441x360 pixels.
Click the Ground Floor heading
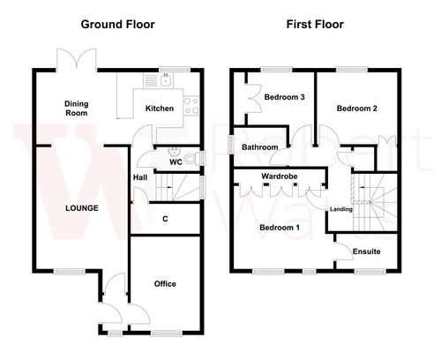tap(117, 24)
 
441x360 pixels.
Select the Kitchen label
tap(159, 109)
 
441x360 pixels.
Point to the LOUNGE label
tap(80, 208)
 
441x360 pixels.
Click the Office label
tap(165, 283)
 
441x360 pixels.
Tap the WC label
tap(176, 163)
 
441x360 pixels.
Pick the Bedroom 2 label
tap(357, 109)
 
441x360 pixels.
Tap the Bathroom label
tap(261, 147)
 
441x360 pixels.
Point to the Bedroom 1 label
tap(280, 228)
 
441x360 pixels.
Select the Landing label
tap(341, 209)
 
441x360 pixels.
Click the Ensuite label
tap(366, 251)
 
